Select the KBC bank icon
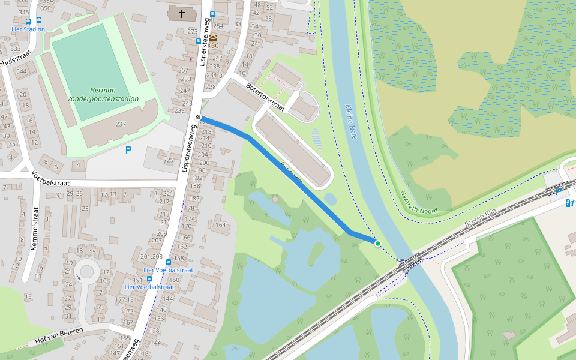(x=213, y=37)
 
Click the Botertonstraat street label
(x=265, y=97)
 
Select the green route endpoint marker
(x=377, y=243)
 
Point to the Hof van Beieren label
(x=59, y=335)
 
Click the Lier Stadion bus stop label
(x=28, y=29)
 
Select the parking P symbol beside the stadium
(x=128, y=150)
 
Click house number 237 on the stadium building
(x=121, y=124)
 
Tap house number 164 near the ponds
(x=221, y=225)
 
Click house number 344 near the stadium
(x=22, y=72)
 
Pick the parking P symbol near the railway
(x=559, y=191)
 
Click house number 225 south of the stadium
(x=168, y=160)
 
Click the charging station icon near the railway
(x=569, y=203)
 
